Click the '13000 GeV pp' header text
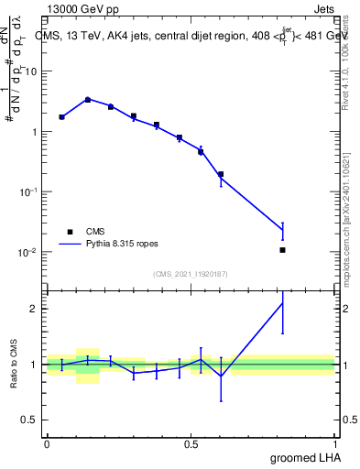click(78, 7)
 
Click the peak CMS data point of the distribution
click(88, 99)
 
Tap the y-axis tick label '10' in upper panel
click(34, 71)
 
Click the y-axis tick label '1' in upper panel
click(37, 132)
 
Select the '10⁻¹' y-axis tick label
click(32, 191)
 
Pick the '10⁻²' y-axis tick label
click(32, 252)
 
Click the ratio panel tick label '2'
click(37, 309)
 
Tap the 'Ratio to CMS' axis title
click(15, 364)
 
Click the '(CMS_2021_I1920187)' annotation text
click(190, 274)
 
